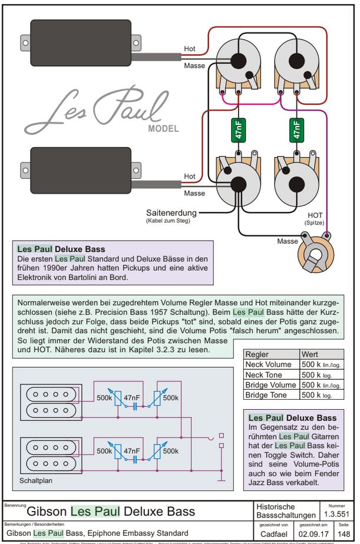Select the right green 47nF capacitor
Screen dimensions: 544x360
[x=296, y=131]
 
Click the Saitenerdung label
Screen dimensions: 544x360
[x=172, y=213]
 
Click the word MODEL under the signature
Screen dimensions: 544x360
[x=163, y=129]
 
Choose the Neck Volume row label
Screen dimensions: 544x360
[x=268, y=365]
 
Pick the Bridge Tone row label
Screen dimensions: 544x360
[x=266, y=395]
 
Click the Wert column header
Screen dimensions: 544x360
[x=310, y=355]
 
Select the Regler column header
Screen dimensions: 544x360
[x=257, y=355]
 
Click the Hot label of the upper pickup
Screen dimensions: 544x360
[x=190, y=49]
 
